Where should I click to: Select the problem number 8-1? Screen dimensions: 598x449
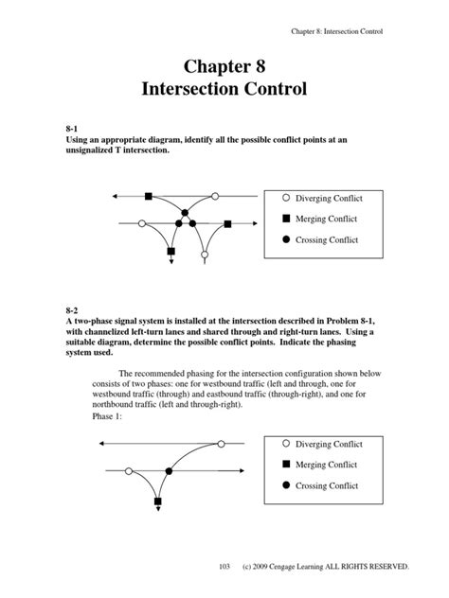pos(72,126)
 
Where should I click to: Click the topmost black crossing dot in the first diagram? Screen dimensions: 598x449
pos(186,210)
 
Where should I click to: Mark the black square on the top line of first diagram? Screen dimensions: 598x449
pos(148,196)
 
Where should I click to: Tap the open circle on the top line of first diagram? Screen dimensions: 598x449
pos(215,196)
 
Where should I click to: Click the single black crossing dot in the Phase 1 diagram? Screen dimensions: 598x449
pos(170,470)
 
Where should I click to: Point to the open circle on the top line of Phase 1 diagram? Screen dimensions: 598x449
pos(223,442)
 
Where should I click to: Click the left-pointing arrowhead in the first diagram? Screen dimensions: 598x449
pos(114,196)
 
